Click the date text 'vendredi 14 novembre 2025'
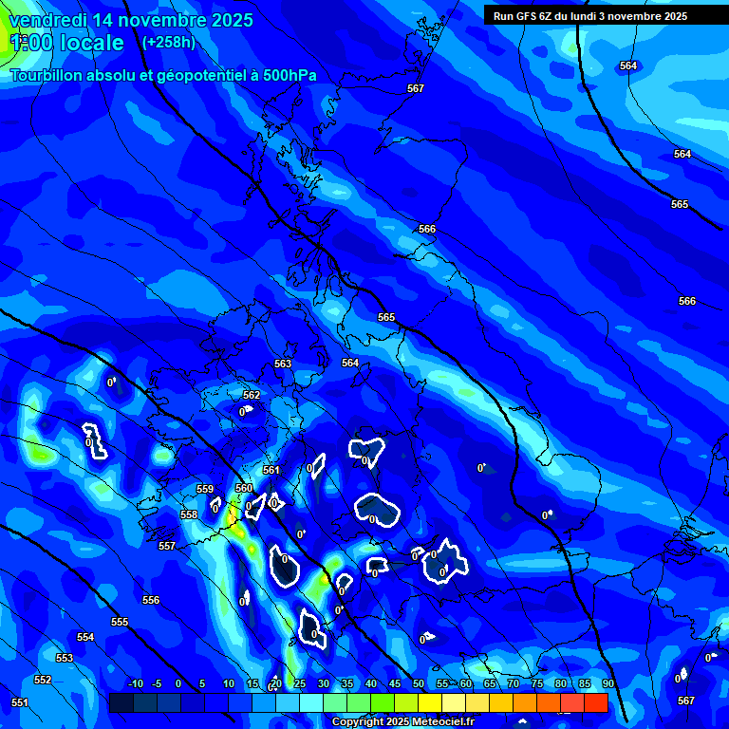131,20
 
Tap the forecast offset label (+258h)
168,42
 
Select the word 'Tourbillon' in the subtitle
48,76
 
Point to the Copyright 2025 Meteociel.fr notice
403,721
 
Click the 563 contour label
283,364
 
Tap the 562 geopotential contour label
252,395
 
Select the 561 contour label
271,470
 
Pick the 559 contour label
205,489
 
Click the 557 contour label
167,546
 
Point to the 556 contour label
151,600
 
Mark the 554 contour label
85,637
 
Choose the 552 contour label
43,680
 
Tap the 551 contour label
20,702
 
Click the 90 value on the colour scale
607,683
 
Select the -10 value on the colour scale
135,683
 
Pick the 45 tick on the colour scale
394,683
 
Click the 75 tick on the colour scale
536,683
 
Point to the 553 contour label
65,658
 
